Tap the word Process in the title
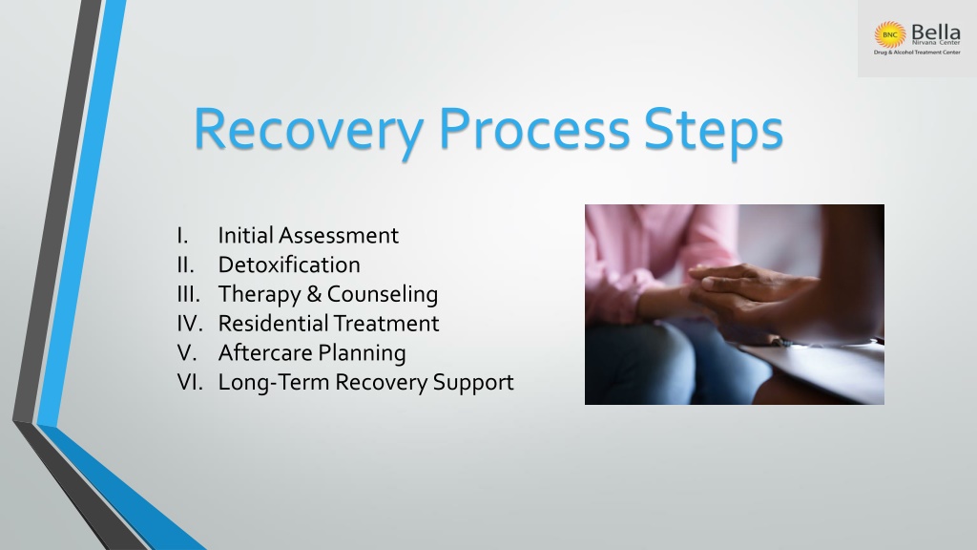pyautogui.click(x=534, y=129)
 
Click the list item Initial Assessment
pyautogui.click(x=308, y=235)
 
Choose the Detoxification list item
pyautogui.click(x=289, y=264)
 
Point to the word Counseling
pyautogui.click(x=383, y=294)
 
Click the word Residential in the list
pyautogui.click(x=273, y=323)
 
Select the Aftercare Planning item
pyautogui.click(x=312, y=353)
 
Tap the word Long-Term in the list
pyautogui.click(x=274, y=382)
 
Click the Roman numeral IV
pyautogui.click(x=190, y=323)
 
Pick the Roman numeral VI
pyautogui.click(x=190, y=382)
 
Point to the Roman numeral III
pyautogui.click(x=188, y=294)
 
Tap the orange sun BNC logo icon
pyautogui.click(x=890, y=35)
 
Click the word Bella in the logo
pyautogui.click(x=935, y=32)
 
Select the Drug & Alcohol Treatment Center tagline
pyautogui.click(x=917, y=53)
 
